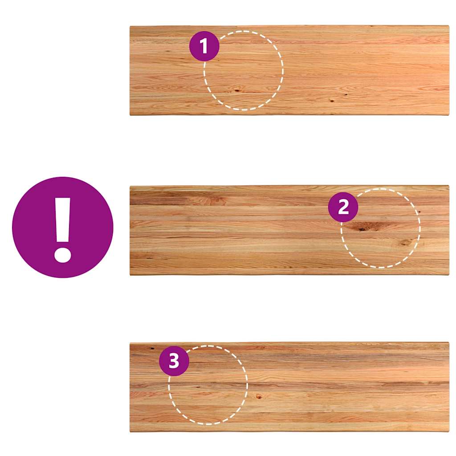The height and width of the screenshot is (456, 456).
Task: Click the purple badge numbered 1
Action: [x=204, y=46]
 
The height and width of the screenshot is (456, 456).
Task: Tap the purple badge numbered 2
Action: [x=343, y=207]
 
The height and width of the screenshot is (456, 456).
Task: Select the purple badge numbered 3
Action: [x=174, y=361]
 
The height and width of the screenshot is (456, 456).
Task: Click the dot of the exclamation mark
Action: [x=62, y=255]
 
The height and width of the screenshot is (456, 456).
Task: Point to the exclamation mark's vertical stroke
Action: [x=63, y=220]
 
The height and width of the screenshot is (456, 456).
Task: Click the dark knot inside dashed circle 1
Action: [x=237, y=90]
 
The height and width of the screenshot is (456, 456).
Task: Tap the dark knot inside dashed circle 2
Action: [x=362, y=229]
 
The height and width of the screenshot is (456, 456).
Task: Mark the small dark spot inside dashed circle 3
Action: [x=198, y=387]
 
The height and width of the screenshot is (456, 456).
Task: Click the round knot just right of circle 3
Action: [x=259, y=396]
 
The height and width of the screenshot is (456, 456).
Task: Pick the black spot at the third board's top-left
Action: [x=151, y=348]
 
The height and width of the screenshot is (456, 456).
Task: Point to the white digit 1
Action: [x=204, y=46]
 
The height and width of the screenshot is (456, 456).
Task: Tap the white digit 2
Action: [x=343, y=207]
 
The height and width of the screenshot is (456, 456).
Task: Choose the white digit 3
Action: [x=174, y=361]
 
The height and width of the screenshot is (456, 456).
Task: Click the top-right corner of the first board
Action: [x=449, y=26]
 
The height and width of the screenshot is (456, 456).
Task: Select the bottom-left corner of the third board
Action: [x=130, y=432]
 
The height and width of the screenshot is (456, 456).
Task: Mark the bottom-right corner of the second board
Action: [x=449, y=274]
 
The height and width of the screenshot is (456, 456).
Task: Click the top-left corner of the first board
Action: [x=130, y=26]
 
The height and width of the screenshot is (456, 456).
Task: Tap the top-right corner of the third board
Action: [x=449, y=342]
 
